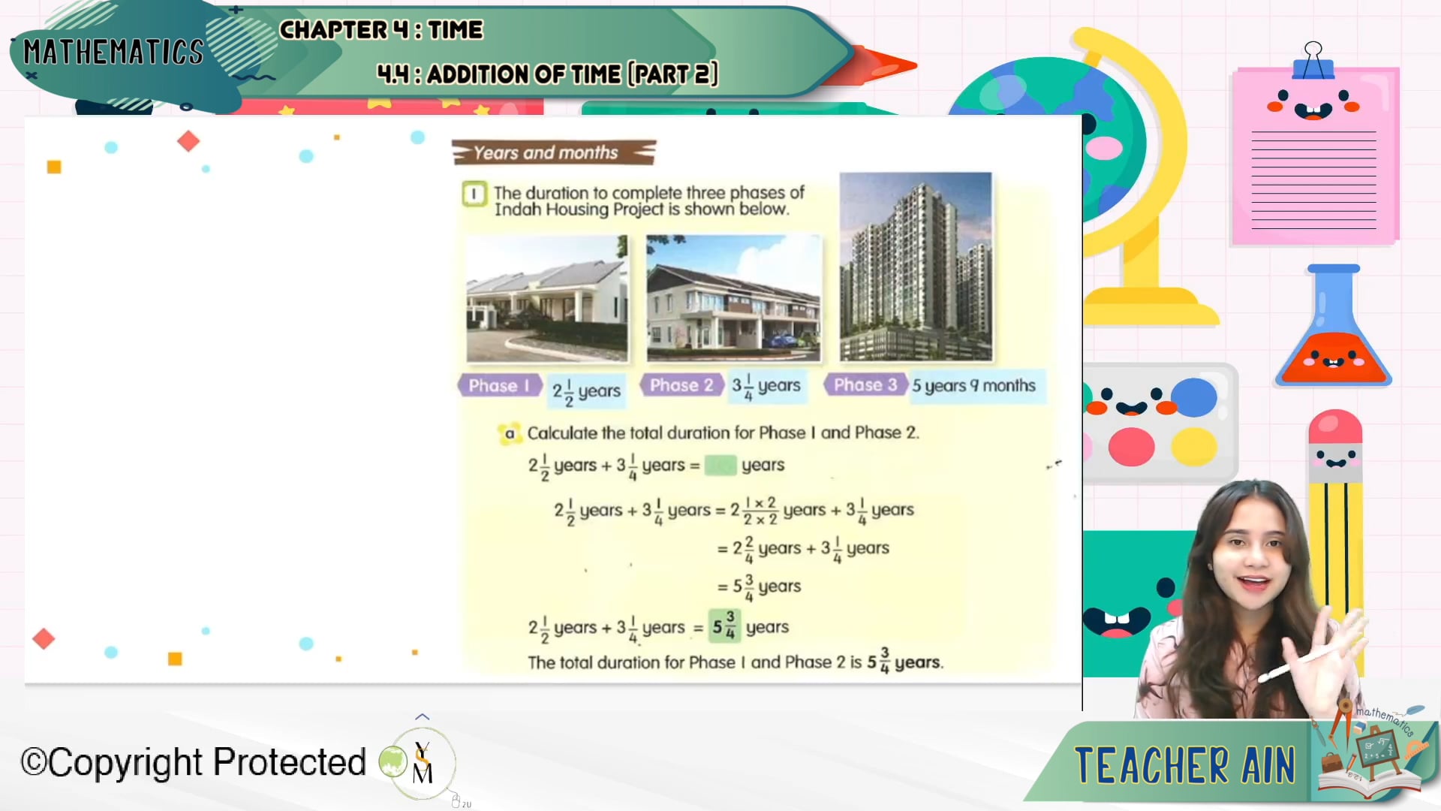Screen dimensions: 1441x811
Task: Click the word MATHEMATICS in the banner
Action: (113, 53)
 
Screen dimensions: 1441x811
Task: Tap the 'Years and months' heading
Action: (546, 152)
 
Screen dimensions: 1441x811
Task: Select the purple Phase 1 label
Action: (498, 385)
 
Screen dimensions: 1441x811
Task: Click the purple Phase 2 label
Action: (681, 385)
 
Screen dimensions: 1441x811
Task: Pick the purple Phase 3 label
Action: (865, 385)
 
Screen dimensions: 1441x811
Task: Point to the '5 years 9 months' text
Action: (973, 386)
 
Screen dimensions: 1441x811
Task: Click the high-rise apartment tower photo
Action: (916, 267)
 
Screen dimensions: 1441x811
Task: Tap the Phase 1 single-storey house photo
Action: (547, 298)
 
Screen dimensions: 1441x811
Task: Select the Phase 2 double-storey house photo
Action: (733, 298)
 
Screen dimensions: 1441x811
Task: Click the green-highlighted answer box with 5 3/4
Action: (724, 626)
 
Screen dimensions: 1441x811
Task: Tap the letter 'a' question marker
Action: (510, 433)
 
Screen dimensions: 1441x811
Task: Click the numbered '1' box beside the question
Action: (474, 194)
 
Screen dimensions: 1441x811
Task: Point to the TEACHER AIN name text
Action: (1185, 765)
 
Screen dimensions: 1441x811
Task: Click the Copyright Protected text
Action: (193, 762)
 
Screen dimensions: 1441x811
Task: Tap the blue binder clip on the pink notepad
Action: (1313, 62)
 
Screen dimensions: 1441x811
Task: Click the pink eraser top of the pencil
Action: (1335, 427)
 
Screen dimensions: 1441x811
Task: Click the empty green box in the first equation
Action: (720, 466)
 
